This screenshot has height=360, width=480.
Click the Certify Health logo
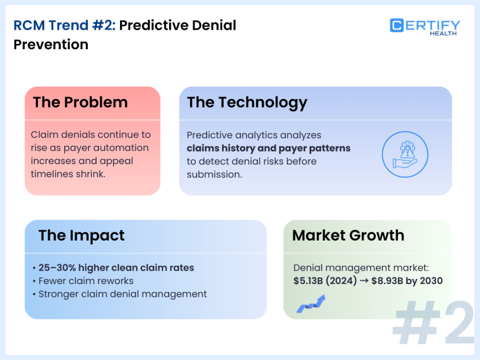(425, 27)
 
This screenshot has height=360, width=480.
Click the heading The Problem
(81, 102)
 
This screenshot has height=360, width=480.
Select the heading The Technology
(247, 102)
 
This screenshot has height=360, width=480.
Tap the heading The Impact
(82, 235)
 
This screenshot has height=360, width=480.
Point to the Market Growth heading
(348, 235)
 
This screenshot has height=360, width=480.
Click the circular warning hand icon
(405, 154)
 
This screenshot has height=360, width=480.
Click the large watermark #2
(433, 323)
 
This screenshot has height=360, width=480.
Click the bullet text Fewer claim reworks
(86, 281)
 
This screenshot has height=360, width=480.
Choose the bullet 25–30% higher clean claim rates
(116, 267)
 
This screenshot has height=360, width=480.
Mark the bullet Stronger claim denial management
(123, 294)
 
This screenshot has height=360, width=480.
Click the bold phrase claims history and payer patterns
(268, 148)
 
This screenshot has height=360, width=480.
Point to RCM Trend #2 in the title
(65, 25)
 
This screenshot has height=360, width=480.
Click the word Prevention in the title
(51, 45)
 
